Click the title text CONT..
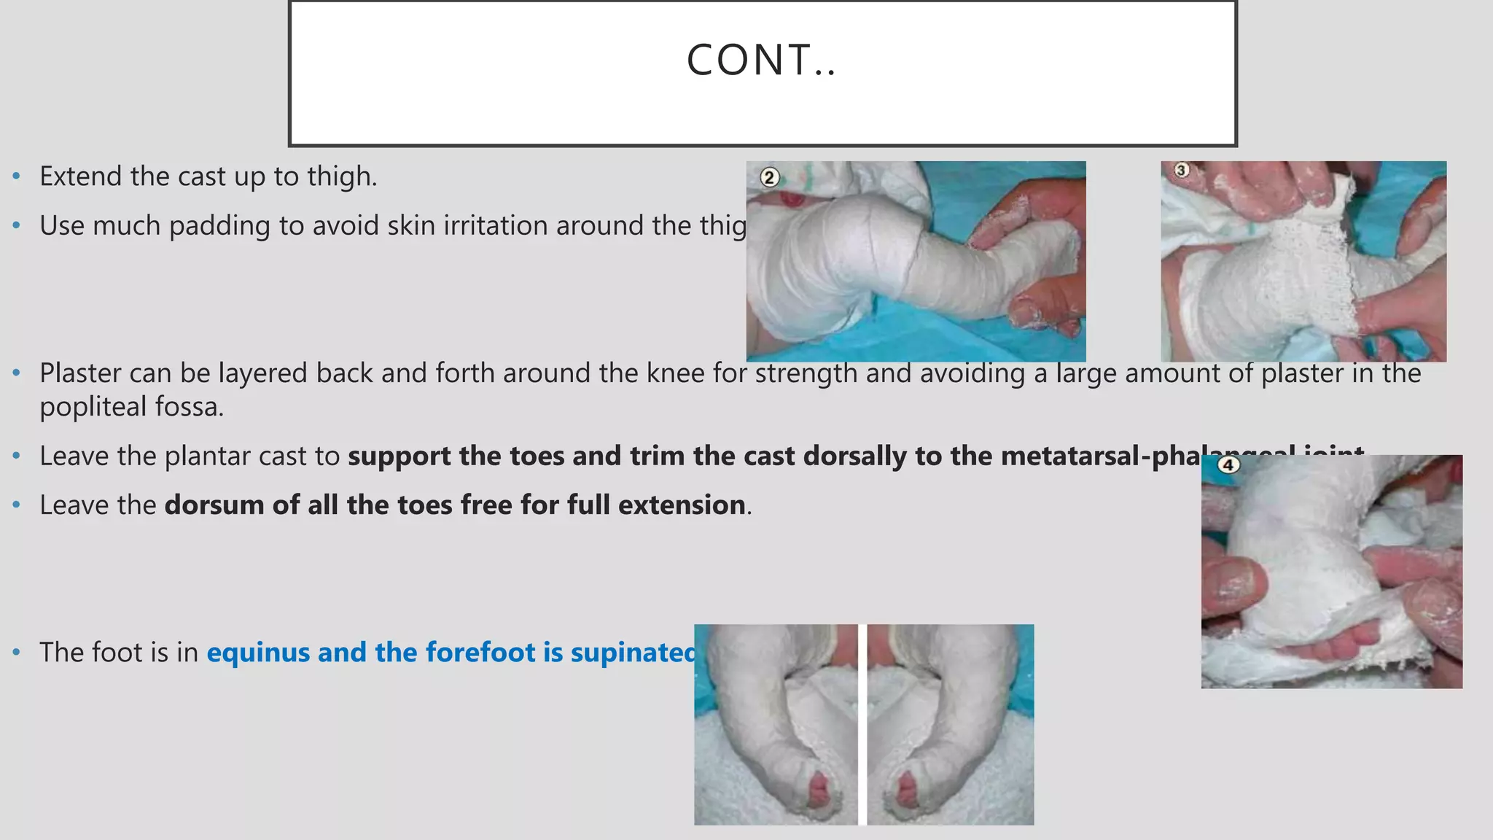tap(761, 60)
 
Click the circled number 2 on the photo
tap(769, 177)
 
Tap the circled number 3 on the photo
tap(1182, 170)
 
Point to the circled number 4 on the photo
tap(1228, 464)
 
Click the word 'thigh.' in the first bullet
tap(342, 177)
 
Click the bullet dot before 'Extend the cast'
tap(17, 177)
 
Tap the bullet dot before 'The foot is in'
tap(17, 653)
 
